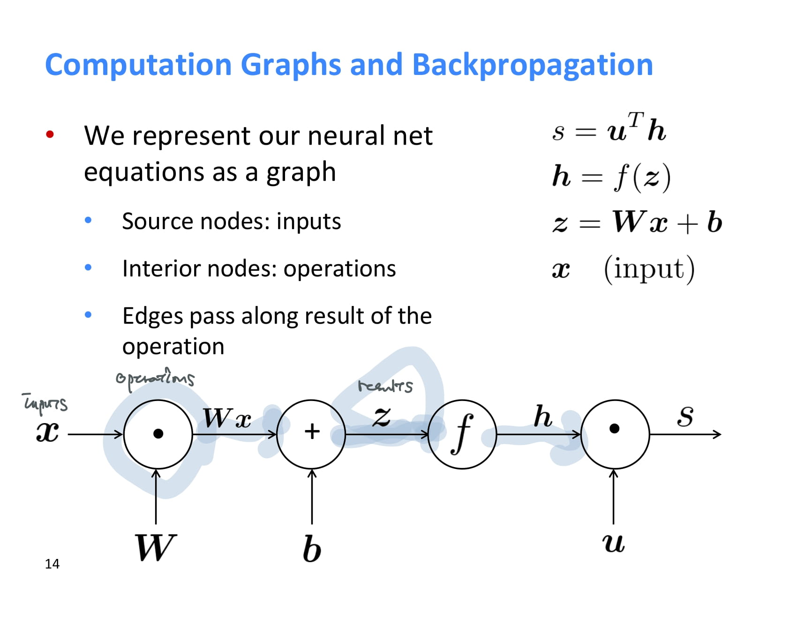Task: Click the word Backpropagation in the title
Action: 532,65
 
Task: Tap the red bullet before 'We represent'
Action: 50,135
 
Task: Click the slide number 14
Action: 52,564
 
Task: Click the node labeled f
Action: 462,434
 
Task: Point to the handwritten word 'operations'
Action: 155,379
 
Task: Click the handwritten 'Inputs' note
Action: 45,403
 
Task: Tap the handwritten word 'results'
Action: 385,386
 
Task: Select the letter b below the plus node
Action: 312,549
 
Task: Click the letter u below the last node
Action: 613,543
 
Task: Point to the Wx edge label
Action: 227,418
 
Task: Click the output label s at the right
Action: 685,416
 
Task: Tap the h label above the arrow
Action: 542,416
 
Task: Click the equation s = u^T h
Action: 609,129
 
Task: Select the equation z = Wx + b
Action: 637,222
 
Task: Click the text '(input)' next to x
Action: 649,269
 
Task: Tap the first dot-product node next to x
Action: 158,434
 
